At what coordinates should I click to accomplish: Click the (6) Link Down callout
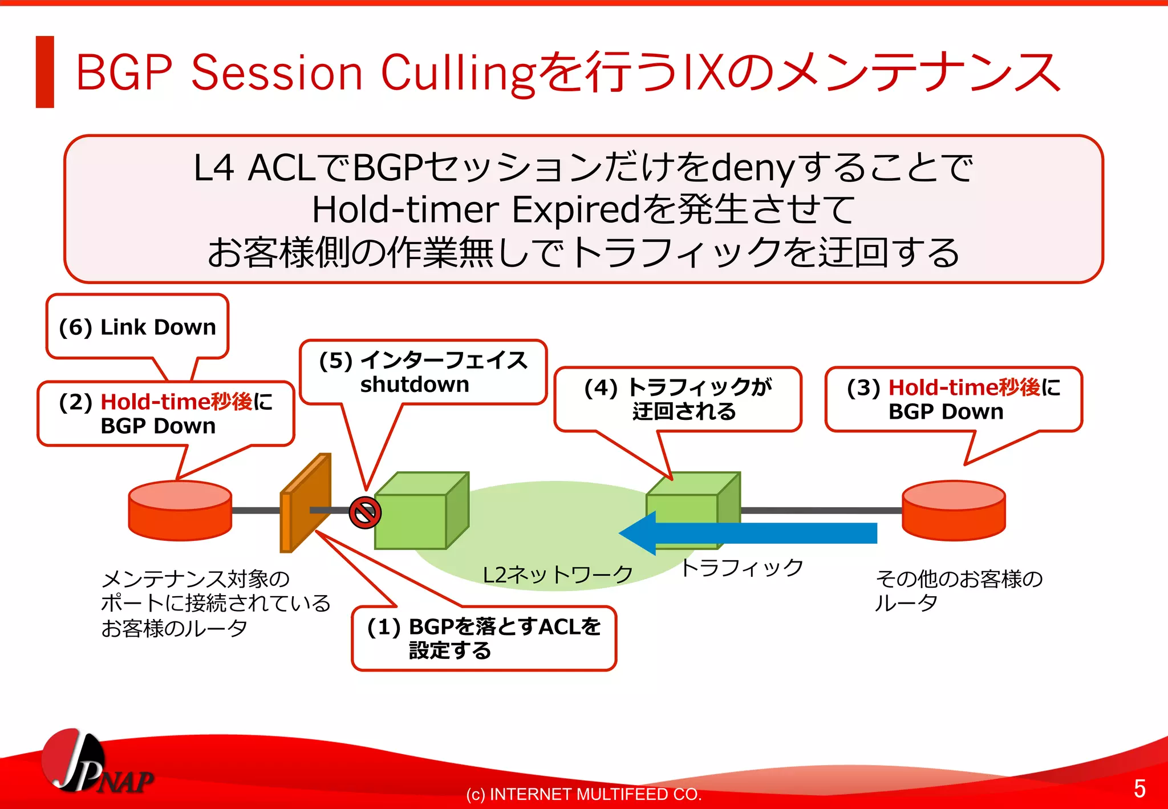point(137,327)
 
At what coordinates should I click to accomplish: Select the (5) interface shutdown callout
point(423,372)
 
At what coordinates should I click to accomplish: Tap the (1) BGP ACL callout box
point(484,638)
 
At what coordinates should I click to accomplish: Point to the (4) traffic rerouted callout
point(678,399)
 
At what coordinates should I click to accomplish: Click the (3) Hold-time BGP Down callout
point(953,399)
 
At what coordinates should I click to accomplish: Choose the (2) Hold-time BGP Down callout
point(165,414)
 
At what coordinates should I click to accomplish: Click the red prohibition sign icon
point(365,512)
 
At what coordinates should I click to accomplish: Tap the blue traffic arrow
point(753,533)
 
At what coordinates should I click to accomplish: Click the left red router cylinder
point(180,511)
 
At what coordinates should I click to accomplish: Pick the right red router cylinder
point(954,511)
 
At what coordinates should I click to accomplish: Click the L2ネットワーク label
point(557,575)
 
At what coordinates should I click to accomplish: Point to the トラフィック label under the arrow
point(741,567)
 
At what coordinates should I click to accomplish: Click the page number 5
point(1139,788)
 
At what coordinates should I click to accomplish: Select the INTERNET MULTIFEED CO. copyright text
point(583,794)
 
